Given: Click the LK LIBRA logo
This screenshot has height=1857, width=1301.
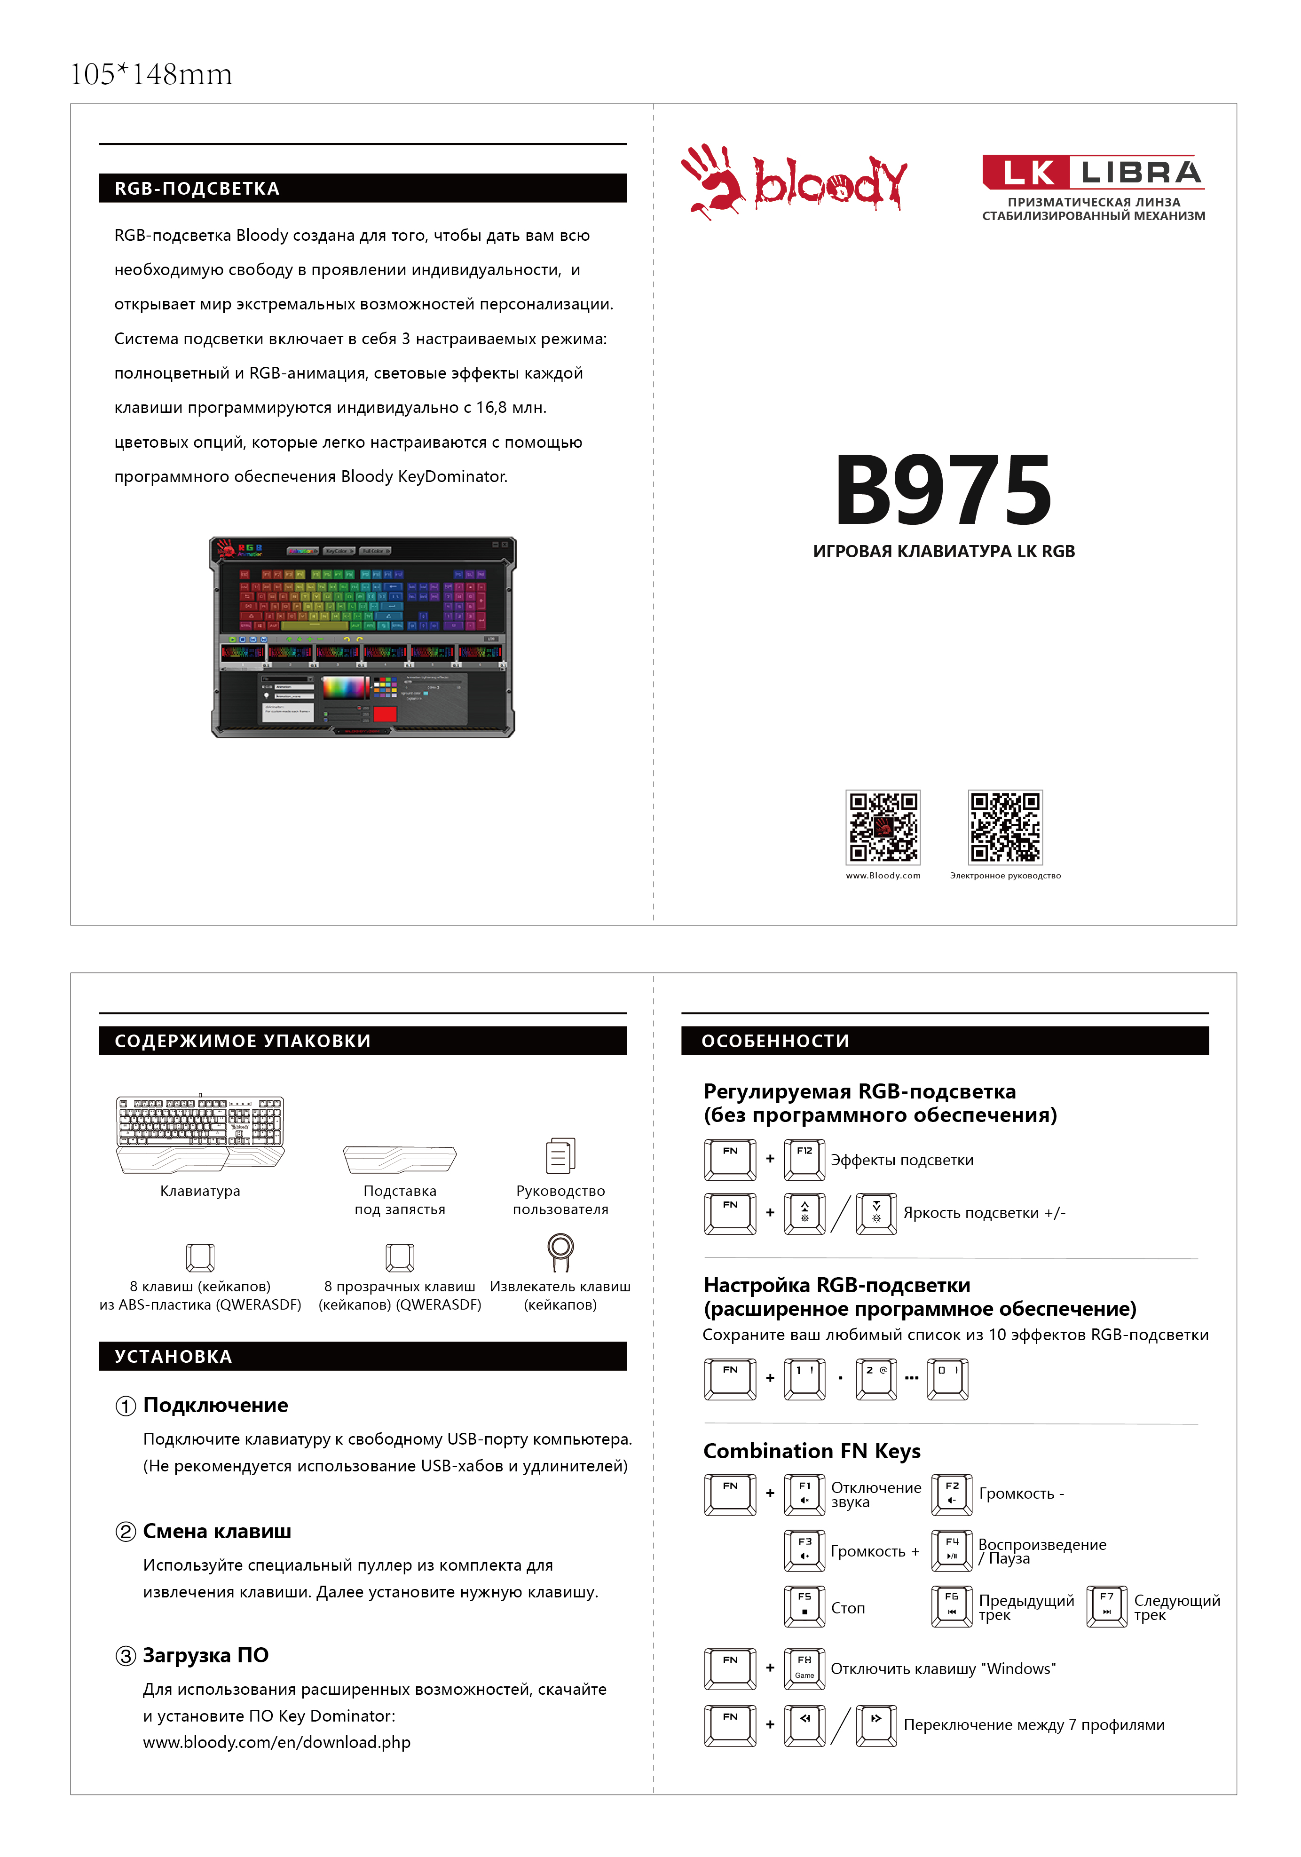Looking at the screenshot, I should click(x=1093, y=172).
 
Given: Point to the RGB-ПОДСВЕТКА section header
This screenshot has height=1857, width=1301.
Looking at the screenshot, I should click(x=362, y=189).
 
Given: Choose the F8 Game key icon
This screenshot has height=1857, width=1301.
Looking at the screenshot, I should click(x=804, y=1668).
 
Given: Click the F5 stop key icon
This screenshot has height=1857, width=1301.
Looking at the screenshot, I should click(x=804, y=1606).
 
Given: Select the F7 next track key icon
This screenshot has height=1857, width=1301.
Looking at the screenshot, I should click(x=1107, y=1606).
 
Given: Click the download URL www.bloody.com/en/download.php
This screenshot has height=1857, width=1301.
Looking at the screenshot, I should click(x=276, y=1742).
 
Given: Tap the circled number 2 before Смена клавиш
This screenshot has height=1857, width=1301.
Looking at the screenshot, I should click(x=126, y=1532).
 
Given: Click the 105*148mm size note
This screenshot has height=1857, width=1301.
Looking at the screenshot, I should click(x=151, y=74).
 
